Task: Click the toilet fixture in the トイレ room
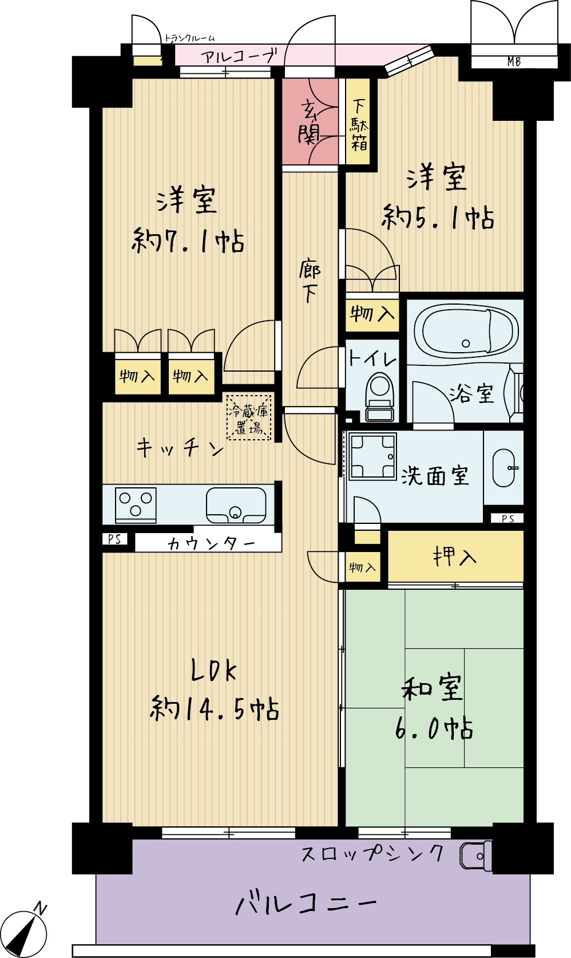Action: point(379,396)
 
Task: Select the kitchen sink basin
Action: point(236,505)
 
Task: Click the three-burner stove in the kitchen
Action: point(136,504)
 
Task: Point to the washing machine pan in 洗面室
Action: point(372,456)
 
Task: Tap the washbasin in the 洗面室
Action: point(504,468)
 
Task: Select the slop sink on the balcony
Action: point(475,856)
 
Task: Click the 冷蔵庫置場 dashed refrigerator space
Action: point(249,417)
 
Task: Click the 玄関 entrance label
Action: point(309,122)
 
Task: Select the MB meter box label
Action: point(514,62)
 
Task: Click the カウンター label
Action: point(211,543)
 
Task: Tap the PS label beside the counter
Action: point(114,539)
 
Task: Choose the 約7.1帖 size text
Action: point(188,242)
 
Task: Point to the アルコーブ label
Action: point(239,56)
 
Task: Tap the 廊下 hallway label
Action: point(310,280)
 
